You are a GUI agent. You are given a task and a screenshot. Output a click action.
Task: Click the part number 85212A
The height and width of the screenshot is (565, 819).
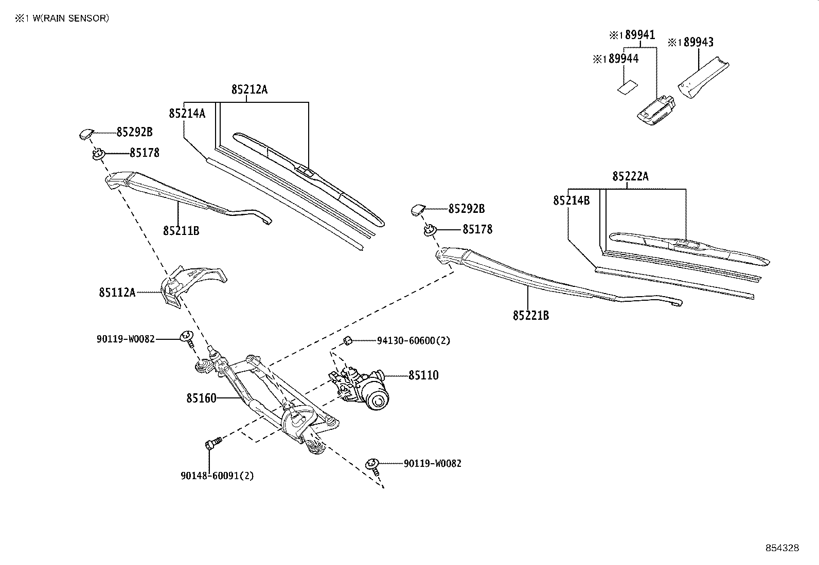249,89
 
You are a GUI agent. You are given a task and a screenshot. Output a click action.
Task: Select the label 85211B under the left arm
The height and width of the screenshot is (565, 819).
181,231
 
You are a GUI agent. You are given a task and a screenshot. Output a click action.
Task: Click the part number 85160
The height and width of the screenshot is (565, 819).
201,398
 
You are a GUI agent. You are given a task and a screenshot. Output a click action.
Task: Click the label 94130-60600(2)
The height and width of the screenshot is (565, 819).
413,340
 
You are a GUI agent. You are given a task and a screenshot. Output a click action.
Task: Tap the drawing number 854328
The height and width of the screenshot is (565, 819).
782,548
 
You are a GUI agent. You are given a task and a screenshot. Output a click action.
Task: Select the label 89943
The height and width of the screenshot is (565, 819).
695,42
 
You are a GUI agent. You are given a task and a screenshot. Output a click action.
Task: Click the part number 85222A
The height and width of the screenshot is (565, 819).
630,176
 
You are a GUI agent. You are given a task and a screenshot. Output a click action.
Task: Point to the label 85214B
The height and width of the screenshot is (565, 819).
571,201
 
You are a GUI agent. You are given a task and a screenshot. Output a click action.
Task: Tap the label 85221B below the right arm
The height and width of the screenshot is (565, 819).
530,315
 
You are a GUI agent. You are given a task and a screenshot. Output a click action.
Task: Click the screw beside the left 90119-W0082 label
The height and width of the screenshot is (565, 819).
187,337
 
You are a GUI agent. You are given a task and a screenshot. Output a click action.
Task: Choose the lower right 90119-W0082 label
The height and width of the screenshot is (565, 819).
432,463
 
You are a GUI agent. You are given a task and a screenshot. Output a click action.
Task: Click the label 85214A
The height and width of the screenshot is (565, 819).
187,113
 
